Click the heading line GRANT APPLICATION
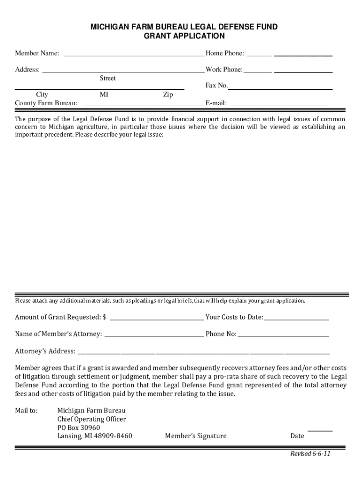[x=184, y=36]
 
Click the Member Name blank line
[x=134, y=55]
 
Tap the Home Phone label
[x=224, y=53]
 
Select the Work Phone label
[x=224, y=70]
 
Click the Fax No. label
[x=216, y=86]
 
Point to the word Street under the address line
[x=108, y=78]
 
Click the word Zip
[x=168, y=94]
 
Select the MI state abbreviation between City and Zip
[x=104, y=94]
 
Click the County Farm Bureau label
[x=46, y=103]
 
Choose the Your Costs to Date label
[x=234, y=317]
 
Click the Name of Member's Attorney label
[x=58, y=334]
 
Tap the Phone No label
[x=221, y=334]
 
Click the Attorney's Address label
[x=45, y=351]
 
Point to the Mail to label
[x=26, y=411]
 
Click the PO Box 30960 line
[x=79, y=428]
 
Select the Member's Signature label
[x=195, y=436]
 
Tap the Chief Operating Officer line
[x=92, y=419]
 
